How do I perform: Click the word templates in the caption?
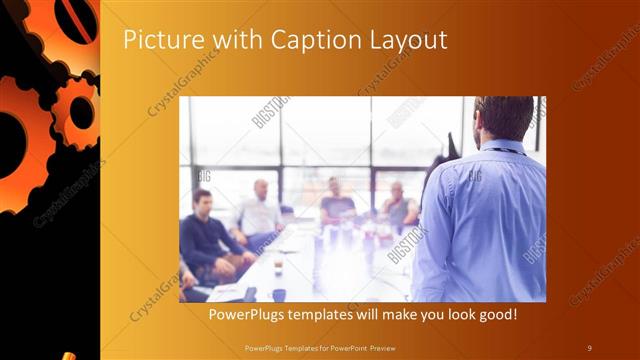tap(332, 315)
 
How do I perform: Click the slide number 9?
tap(590, 347)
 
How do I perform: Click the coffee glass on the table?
tap(277, 265)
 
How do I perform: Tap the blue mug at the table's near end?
tap(279, 294)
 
